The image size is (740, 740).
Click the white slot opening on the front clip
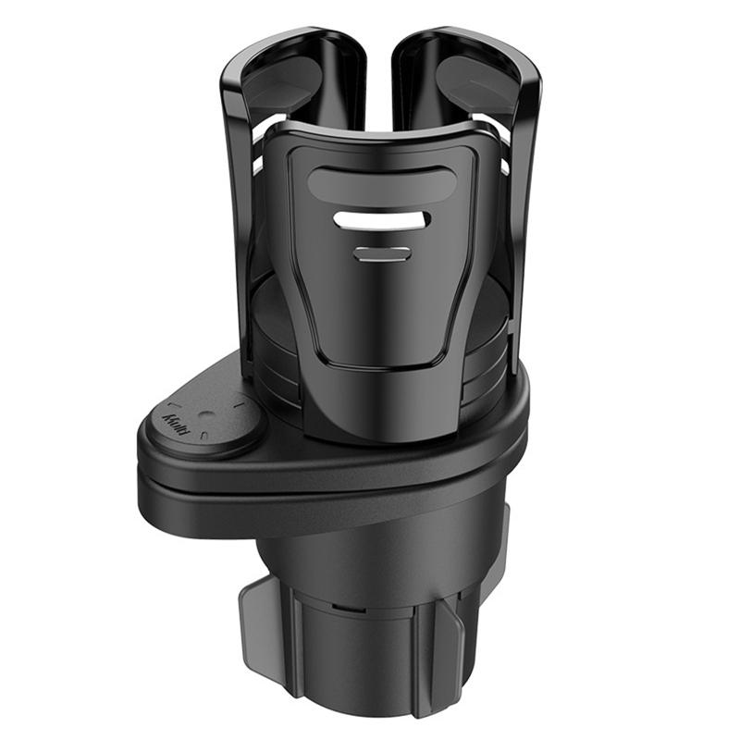coord(381,220)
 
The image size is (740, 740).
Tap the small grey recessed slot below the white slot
coord(381,253)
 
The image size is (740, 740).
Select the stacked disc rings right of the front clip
coord(499,351)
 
